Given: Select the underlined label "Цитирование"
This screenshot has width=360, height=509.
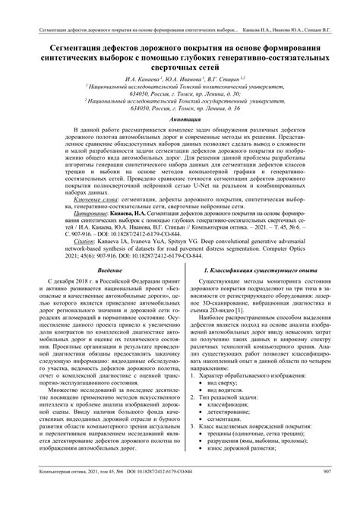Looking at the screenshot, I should tap(65, 236).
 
